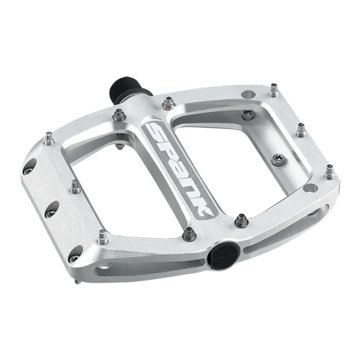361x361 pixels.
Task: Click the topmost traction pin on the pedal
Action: (274, 90)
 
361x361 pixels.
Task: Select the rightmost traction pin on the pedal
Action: (330, 172)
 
